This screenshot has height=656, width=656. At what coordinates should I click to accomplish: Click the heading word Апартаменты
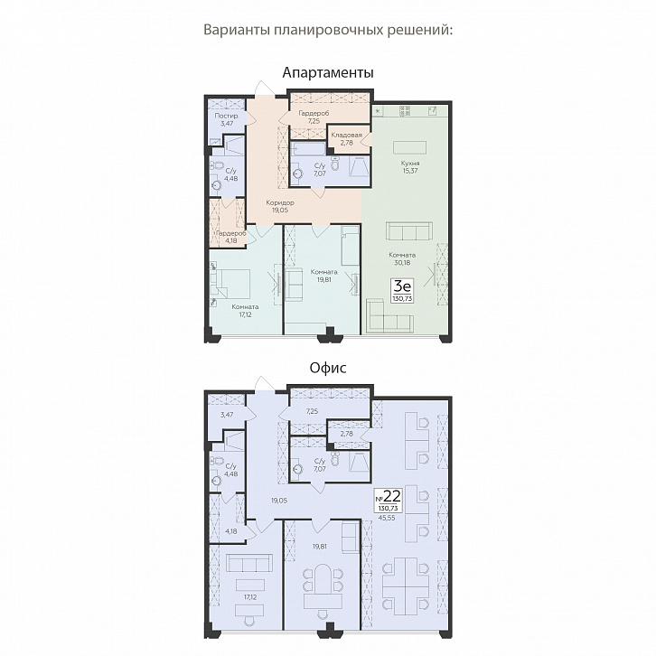click(x=328, y=73)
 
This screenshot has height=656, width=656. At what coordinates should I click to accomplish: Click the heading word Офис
click(x=328, y=368)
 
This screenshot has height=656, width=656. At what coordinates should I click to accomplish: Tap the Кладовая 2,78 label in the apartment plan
click(x=346, y=138)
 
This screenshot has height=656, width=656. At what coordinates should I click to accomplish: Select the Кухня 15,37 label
click(x=410, y=166)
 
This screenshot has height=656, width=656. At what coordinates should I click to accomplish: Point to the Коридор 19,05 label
click(x=280, y=206)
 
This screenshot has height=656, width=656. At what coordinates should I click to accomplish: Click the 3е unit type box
click(x=402, y=290)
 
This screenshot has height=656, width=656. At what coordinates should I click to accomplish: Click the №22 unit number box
click(x=388, y=500)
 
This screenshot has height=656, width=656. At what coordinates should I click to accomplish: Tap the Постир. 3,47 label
click(x=227, y=119)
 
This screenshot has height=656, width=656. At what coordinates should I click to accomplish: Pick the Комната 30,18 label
click(x=402, y=258)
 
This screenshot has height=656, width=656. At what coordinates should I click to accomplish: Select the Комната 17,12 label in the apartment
click(x=245, y=311)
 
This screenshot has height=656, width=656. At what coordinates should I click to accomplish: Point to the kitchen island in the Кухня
click(x=409, y=147)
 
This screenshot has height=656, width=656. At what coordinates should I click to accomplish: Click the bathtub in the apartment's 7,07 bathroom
click(x=308, y=147)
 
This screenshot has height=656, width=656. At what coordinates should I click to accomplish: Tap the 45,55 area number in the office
click(x=387, y=517)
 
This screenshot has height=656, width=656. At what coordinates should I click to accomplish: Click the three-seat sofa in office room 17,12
click(x=249, y=563)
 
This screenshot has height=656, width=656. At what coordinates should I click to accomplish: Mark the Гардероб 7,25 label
click(x=314, y=117)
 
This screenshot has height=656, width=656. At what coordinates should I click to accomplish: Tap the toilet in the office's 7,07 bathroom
click(x=335, y=459)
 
